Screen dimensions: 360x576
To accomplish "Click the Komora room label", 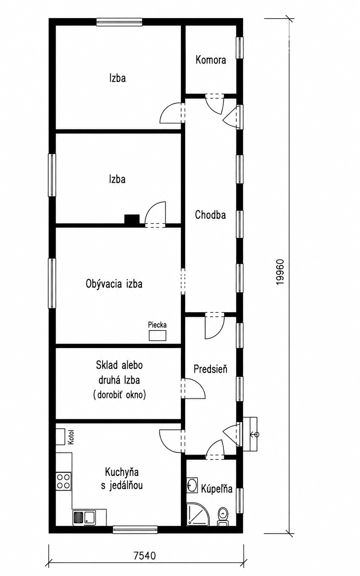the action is pos(211,60).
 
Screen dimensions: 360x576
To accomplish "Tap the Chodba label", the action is pos(210,215).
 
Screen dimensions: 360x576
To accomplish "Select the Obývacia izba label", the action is pos(114,284).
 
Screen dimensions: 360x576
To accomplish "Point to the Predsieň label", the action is pos(210,369).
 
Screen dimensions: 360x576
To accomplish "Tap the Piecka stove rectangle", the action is pos(157,336).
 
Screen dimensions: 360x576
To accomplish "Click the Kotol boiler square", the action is pos(60,437).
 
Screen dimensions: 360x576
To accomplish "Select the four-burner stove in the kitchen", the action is pos(64,481).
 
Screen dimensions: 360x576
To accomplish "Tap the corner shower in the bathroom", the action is pos(198,515).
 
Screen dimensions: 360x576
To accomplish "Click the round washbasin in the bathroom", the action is pos(192,485).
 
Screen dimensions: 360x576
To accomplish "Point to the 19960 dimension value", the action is pos(280,272).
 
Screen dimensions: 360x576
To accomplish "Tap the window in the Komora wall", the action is pos(240,48).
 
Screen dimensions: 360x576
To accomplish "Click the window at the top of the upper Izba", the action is pos(119,22).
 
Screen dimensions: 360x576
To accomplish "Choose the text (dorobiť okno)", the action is pos(119,394).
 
